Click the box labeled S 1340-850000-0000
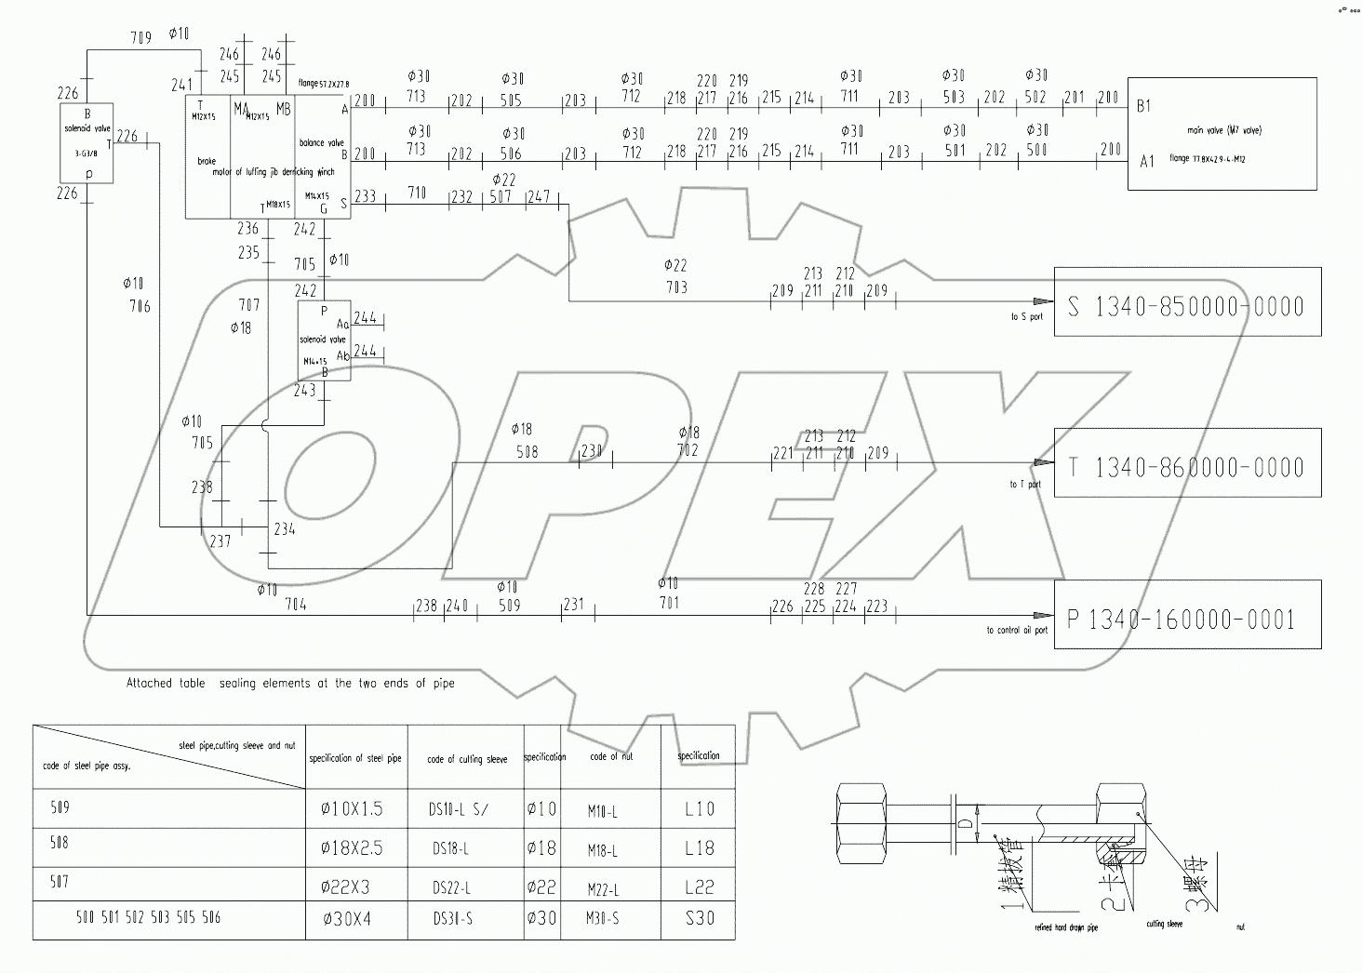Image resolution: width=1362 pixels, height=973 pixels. tap(1187, 302)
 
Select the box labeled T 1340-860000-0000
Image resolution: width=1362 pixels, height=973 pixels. tap(1187, 463)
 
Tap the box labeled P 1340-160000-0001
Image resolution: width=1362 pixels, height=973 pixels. tap(1187, 615)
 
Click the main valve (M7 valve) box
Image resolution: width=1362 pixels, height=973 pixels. tap(1222, 134)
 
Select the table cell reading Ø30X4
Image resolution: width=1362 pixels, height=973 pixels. tap(347, 919)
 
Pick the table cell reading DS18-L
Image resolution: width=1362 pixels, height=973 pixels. tap(451, 848)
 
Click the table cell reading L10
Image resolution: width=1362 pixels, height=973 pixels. tap(699, 809)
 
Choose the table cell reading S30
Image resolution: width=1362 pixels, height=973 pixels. tap(699, 919)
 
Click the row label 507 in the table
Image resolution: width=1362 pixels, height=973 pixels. tap(60, 881)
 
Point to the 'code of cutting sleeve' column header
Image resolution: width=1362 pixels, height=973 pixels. tap(467, 759)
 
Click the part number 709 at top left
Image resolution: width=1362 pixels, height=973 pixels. tap(140, 38)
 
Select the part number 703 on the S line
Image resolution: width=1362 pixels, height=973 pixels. tap(676, 287)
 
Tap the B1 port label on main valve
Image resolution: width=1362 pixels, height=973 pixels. tap(1143, 106)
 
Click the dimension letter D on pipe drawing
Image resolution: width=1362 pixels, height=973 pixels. tap(967, 824)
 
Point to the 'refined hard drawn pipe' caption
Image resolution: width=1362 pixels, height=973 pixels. tap(1066, 927)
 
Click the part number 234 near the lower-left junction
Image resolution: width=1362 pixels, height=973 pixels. tap(285, 528)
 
